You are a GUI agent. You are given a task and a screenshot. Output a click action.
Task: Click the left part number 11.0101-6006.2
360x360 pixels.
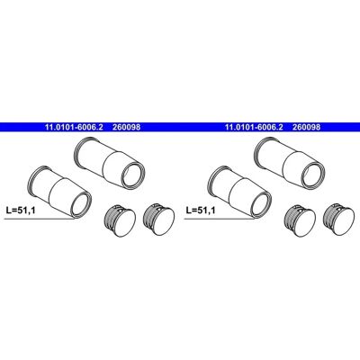point(74,127)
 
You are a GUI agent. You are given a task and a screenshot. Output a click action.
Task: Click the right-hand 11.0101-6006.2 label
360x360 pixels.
point(254,127)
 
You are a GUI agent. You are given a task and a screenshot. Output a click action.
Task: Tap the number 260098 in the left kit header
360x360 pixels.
point(126,127)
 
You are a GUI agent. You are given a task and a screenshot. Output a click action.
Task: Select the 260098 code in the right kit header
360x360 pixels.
point(306,127)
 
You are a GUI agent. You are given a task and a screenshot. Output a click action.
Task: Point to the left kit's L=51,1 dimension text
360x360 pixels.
point(21,211)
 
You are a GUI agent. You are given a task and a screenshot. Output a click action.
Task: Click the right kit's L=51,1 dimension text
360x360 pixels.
point(201,211)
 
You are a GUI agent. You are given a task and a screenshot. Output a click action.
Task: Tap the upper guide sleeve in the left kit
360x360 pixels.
point(110,164)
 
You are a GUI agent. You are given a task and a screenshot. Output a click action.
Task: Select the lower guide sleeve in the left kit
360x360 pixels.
point(59,191)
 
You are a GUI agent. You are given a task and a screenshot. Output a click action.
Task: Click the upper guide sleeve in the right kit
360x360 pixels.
point(290,164)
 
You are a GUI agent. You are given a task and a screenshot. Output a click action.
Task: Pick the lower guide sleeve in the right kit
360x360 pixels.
point(239,191)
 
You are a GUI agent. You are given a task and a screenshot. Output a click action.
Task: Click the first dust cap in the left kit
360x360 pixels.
point(120,220)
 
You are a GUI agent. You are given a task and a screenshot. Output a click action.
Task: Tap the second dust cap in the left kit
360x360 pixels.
point(158,220)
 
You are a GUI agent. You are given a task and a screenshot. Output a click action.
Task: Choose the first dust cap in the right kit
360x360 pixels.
point(300,220)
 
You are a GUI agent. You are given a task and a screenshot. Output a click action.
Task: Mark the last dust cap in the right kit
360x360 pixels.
point(338,220)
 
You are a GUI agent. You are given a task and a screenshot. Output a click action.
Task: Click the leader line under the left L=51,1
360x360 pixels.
point(39,219)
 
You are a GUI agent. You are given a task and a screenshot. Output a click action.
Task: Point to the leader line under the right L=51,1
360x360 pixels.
point(219,219)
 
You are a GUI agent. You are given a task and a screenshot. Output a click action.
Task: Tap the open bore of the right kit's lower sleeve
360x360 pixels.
point(260,203)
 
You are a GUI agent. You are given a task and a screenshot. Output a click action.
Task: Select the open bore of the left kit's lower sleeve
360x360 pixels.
point(80,203)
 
